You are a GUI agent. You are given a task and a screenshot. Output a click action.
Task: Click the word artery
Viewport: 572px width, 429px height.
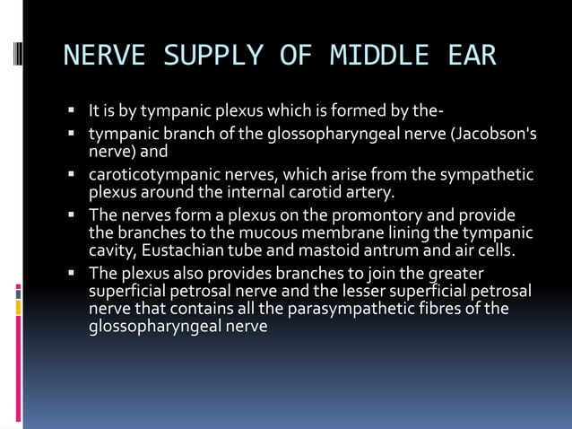(368, 191)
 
